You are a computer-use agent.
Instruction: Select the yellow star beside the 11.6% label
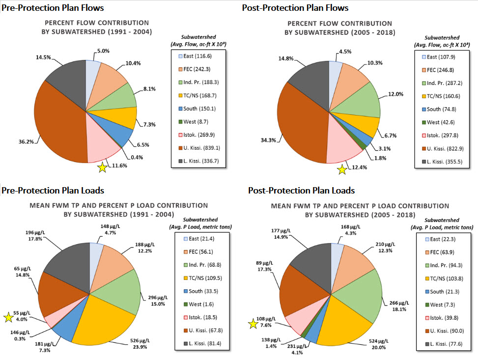pos(102,167)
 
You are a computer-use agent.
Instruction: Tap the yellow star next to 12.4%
pos(342,170)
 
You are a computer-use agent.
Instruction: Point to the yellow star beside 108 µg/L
pos(253,323)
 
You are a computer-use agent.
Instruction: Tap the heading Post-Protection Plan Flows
pos(295,7)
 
